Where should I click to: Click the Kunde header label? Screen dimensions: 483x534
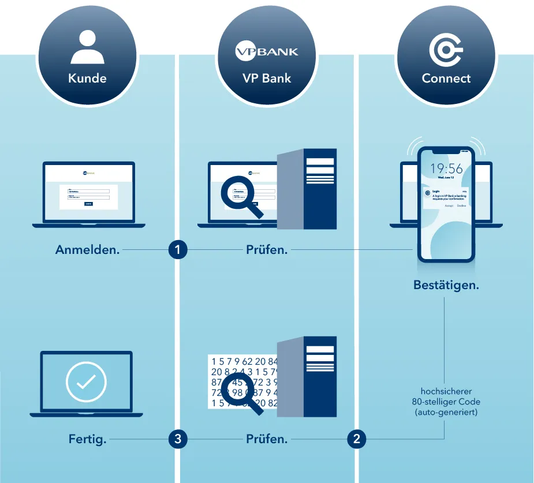[87, 78]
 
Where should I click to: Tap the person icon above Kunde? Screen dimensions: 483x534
[87, 47]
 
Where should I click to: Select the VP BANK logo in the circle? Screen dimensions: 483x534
[267, 52]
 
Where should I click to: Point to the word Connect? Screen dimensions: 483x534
[446, 78]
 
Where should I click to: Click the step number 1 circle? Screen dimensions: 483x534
[178, 250]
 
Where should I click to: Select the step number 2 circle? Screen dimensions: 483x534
[357, 439]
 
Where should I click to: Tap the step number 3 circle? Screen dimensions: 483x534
[178, 439]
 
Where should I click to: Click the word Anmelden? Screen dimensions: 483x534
[87, 250]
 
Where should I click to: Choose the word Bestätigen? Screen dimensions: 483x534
[446, 285]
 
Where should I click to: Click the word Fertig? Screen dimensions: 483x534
[87, 439]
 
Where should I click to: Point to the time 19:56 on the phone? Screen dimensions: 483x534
[446, 169]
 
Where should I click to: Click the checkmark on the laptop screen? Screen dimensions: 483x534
[86, 381]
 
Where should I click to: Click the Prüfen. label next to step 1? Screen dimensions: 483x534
[267, 250]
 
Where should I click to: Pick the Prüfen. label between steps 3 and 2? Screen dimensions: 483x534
[267, 439]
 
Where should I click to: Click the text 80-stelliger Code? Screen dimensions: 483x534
[446, 402]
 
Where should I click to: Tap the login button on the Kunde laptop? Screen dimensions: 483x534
[88, 204]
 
